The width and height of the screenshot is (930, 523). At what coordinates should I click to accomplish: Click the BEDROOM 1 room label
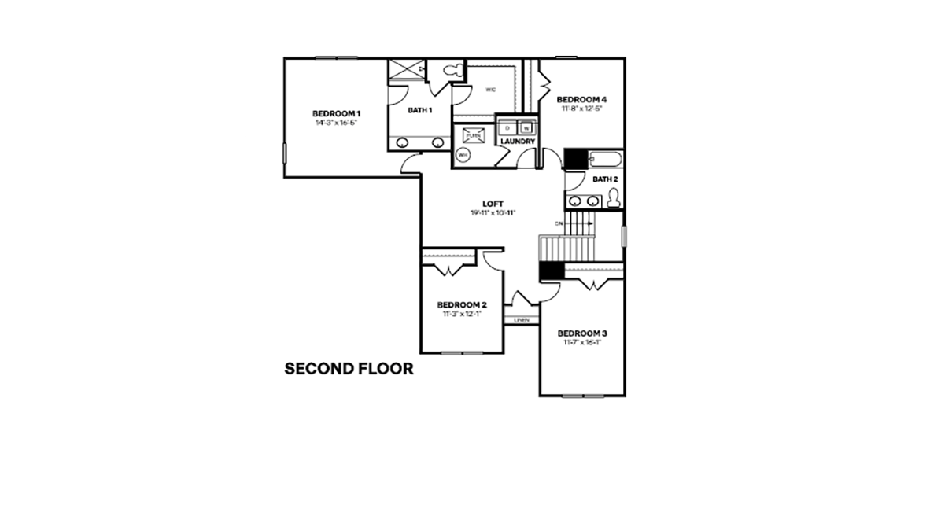336,112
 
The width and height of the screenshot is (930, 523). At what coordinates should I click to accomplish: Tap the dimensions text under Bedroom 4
581,109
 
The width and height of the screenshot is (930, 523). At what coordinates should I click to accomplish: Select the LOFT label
493,203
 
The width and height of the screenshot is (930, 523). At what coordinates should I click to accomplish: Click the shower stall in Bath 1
405,70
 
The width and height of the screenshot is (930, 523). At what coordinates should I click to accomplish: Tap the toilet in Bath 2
614,200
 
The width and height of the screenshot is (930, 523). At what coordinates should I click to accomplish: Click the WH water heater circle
463,155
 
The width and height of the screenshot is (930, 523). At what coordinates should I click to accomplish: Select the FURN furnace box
472,135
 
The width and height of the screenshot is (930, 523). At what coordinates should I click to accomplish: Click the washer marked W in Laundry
526,127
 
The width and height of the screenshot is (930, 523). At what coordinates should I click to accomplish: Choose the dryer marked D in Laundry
507,127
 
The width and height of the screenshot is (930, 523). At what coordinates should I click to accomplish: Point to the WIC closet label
490,90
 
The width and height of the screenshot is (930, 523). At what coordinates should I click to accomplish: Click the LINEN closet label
520,320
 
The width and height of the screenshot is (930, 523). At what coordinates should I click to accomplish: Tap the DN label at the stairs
559,223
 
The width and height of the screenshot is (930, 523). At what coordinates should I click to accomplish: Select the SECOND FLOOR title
349,368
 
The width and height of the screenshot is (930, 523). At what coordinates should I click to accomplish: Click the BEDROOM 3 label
581,333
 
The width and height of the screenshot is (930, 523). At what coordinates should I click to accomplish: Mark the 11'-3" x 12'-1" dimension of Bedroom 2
462,313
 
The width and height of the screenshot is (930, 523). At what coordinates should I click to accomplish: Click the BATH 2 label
605,179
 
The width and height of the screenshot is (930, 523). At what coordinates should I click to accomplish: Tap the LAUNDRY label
518,142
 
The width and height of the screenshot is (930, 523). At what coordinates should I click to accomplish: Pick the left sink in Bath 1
402,143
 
